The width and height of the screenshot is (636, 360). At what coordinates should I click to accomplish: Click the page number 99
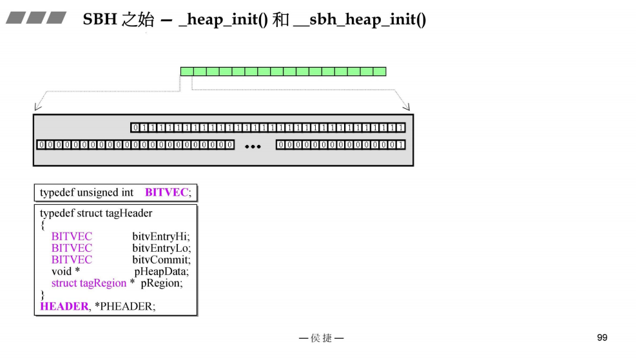click(602, 337)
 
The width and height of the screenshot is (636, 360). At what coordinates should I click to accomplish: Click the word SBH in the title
click(100, 20)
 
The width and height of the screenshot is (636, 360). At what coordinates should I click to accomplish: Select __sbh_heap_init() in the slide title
click(359, 20)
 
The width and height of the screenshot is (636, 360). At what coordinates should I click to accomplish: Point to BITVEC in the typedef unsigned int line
click(166, 193)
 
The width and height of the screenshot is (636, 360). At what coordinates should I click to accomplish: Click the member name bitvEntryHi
click(161, 236)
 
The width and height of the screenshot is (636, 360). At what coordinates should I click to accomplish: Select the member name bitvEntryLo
click(161, 248)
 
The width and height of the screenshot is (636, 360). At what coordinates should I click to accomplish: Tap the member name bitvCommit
click(161, 260)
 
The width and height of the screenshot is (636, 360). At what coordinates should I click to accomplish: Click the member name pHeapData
click(166, 271)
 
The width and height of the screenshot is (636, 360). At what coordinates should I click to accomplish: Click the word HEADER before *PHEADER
click(64, 307)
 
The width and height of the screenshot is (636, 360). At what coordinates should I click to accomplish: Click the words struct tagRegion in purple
click(89, 283)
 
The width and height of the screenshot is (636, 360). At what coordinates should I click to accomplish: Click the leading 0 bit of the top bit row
click(135, 128)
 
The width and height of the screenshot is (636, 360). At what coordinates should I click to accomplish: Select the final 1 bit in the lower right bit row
click(401, 145)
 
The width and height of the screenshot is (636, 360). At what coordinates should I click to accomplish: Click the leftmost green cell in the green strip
click(187, 71)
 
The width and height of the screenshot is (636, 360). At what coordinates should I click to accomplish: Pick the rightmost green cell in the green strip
click(380, 71)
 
